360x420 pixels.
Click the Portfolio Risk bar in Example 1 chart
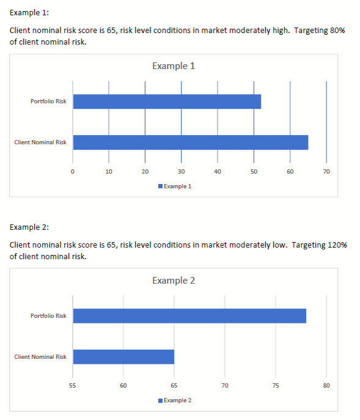[x=167, y=101]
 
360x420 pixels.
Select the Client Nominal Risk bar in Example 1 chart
[x=191, y=142]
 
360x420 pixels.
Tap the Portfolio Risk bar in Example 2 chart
[x=189, y=316]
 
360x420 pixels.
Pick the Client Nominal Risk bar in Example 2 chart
[x=123, y=357]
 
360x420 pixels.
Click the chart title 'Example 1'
[x=174, y=66]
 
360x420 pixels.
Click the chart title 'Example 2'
[x=174, y=281]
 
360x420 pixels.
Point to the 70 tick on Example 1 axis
[x=326, y=171]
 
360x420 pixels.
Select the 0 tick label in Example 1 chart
[x=73, y=171]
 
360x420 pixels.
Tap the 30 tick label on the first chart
[x=182, y=171]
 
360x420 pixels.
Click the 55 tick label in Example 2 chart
[x=73, y=385]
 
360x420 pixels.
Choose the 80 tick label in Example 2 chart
[x=326, y=385]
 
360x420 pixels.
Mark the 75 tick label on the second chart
[x=276, y=385]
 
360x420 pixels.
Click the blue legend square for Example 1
[x=161, y=186]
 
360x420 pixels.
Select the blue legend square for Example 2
[x=161, y=400]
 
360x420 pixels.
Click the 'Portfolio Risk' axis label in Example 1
[x=48, y=101]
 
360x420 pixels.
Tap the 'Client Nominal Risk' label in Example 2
[x=40, y=357]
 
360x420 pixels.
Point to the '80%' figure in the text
[x=337, y=31]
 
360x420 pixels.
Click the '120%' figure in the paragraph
[x=337, y=245]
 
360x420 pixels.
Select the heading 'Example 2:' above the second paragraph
[x=29, y=227]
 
